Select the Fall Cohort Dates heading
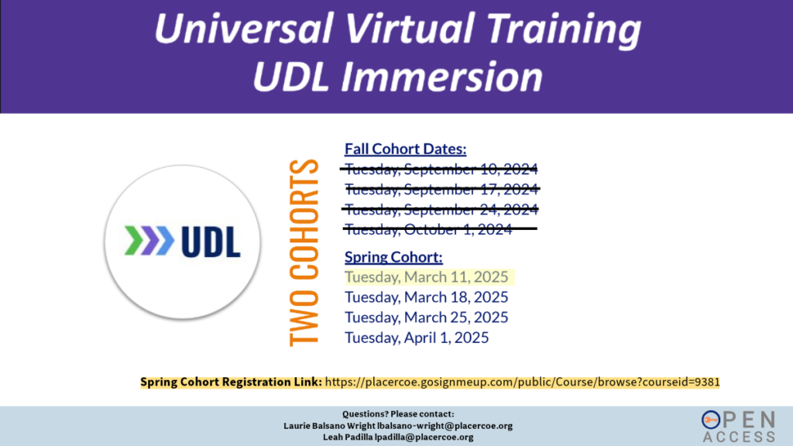[405, 149]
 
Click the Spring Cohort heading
[393, 257]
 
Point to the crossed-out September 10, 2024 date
[441, 169]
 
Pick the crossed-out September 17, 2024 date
[441, 189]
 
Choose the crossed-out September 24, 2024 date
[441, 209]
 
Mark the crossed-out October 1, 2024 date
[428, 229]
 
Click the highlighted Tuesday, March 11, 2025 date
[427, 277]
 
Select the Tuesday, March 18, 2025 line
[427, 297]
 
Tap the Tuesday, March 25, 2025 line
[427, 317]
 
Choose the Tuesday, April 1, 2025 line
[417, 338]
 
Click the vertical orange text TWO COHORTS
[304, 252]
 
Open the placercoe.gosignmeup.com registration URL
[523, 382]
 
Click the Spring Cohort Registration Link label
[231, 382]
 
